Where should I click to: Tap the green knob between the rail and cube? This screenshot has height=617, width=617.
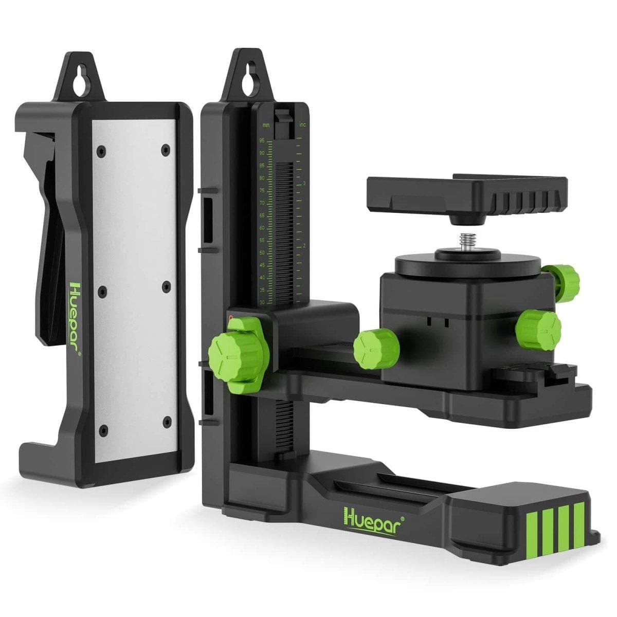point(376,349)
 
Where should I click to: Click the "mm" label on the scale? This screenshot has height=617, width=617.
point(266,125)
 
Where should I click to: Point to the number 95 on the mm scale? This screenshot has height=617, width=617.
point(262,140)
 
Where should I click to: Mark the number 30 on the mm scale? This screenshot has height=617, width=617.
point(262,302)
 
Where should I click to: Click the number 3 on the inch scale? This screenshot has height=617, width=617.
point(304,183)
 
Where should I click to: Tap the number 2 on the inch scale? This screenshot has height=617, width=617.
point(304,246)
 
